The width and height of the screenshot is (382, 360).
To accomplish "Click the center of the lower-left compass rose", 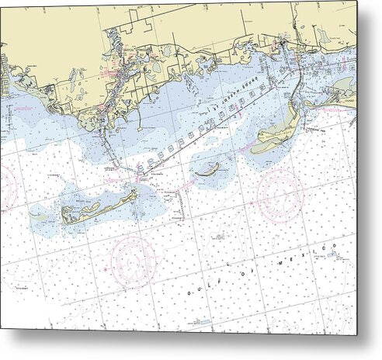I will (133, 262).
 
